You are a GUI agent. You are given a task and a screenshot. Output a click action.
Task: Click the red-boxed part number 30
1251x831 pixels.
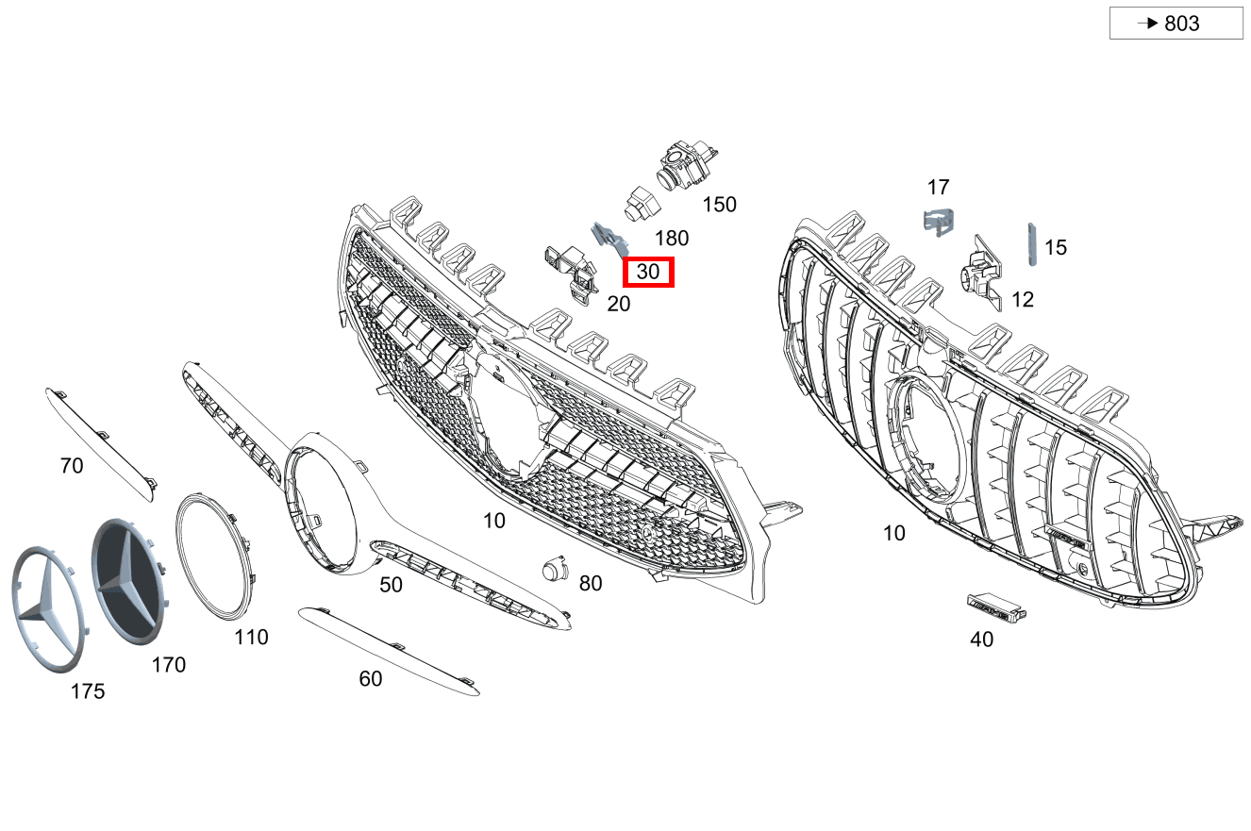tap(648, 272)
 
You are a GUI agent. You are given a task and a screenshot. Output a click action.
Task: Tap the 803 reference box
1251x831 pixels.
tap(1176, 23)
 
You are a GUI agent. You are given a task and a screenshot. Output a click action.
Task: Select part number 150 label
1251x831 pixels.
tap(719, 205)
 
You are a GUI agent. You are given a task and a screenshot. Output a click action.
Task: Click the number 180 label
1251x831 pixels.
tap(672, 239)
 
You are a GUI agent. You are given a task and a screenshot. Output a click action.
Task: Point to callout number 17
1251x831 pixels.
tap(938, 187)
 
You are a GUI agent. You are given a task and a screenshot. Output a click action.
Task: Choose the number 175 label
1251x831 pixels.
tap(88, 691)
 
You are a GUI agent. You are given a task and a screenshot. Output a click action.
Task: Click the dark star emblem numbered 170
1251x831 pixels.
tap(130, 581)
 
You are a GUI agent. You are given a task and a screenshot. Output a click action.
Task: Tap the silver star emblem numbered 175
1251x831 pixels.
tap(49, 609)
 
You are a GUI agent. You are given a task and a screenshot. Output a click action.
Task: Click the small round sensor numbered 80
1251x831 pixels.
tap(555, 569)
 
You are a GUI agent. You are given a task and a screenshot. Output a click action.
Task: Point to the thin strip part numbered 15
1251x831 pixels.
tap(1032, 244)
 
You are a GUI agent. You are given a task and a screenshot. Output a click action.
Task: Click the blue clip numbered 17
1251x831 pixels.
tap(938, 222)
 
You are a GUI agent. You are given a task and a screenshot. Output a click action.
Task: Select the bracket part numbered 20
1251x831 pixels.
tap(572, 274)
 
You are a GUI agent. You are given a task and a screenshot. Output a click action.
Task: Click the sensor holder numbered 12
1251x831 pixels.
tap(982, 272)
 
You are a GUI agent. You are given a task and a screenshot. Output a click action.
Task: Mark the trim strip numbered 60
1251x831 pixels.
tap(389, 651)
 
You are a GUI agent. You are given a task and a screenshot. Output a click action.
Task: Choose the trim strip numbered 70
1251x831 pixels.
tap(101, 444)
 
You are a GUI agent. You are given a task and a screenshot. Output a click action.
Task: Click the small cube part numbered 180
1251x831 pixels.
tap(642, 204)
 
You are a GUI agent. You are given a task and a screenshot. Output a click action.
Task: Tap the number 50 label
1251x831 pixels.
tap(391, 585)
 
